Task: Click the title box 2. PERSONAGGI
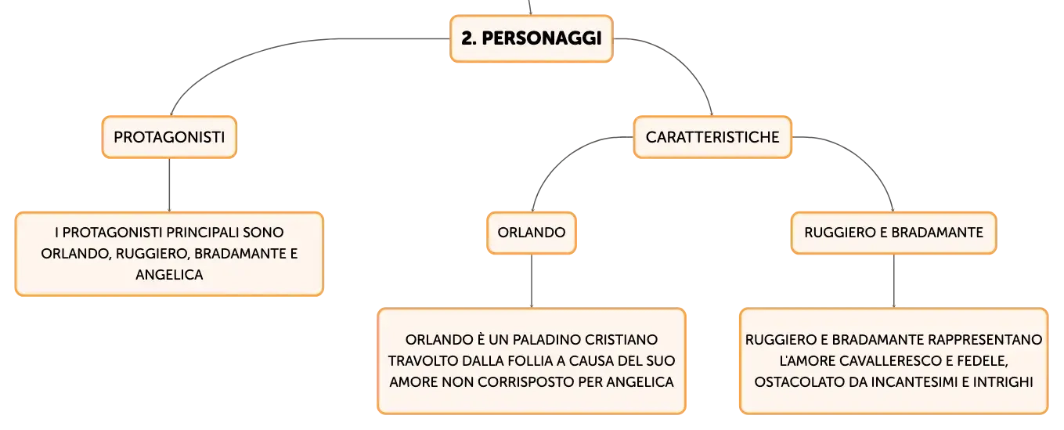point(532,38)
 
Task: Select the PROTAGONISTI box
point(169,137)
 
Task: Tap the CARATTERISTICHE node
point(712,137)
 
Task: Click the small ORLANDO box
point(532,233)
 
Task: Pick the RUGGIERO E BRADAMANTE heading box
point(893,233)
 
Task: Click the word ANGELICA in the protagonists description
point(169,275)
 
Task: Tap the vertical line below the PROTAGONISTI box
point(169,185)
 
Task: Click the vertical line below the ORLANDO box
point(532,281)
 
